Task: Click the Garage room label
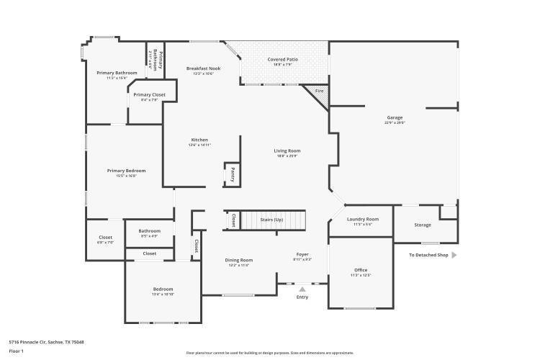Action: [394, 117]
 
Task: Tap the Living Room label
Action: [286, 150]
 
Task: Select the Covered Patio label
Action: [283, 59]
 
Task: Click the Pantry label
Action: [233, 174]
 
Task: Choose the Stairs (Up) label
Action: [271, 219]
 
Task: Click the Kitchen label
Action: [199, 140]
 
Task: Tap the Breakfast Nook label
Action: [203, 68]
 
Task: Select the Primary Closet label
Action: [149, 94]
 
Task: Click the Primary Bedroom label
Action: [126, 171]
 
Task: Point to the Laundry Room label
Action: [362, 219]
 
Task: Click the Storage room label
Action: [423, 225]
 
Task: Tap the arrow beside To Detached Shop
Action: [454, 255]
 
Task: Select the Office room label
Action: [359, 270]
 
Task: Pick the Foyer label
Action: [302, 254]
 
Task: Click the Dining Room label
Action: [239, 260]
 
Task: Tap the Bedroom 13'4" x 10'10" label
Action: [163, 289]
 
